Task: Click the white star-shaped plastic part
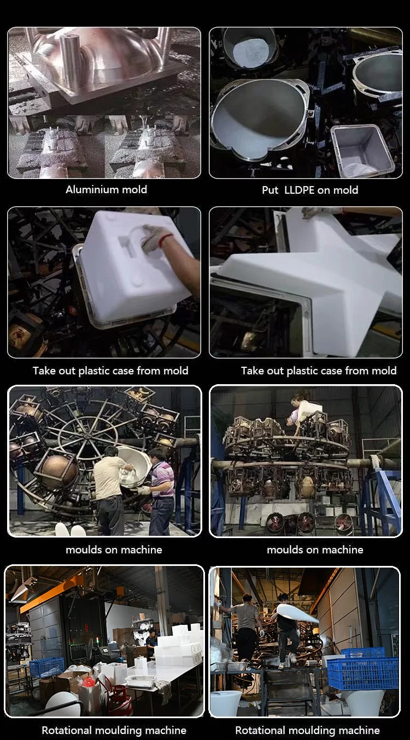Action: pyautogui.click(x=318, y=281)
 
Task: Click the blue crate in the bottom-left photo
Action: pyautogui.click(x=47, y=667)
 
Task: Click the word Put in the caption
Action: pyautogui.click(x=270, y=190)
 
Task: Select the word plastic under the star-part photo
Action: pyautogui.click(x=301, y=371)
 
